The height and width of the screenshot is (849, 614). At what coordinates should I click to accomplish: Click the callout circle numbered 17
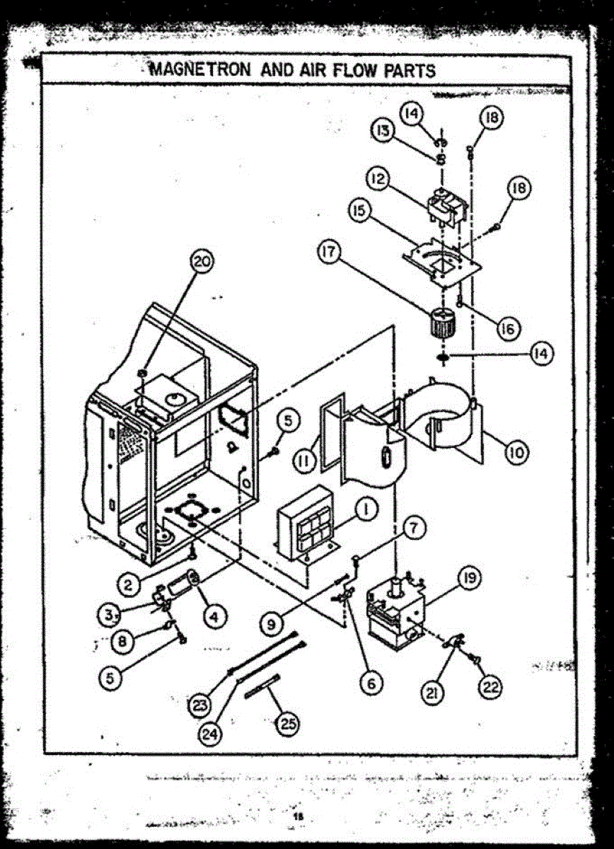[334, 252]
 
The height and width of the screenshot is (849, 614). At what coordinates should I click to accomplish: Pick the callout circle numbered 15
[359, 212]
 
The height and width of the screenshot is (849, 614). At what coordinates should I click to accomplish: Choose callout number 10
[517, 452]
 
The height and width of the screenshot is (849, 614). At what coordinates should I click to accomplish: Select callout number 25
[288, 723]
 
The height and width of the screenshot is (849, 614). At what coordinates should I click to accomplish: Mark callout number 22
[490, 685]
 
